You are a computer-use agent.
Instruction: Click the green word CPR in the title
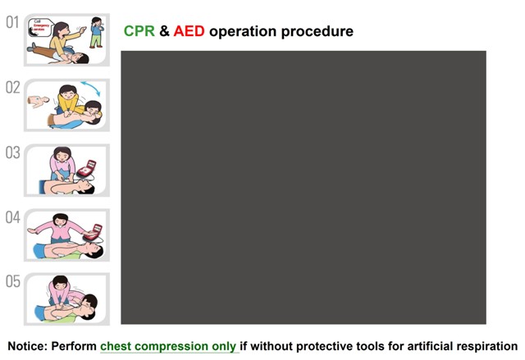[x=138, y=31]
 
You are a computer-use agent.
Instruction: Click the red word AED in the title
[x=190, y=31]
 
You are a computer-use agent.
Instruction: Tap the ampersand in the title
[x=164, y=31]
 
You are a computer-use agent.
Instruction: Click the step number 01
[x=12, y=22]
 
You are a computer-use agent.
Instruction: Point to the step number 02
[x=12, y=87]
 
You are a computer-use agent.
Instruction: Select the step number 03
[x=12, y=153]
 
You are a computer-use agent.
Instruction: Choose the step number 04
[x=12, y=217]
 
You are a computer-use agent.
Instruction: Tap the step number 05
[x=12, y=281]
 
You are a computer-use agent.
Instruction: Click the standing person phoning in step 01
[x=97, y=30]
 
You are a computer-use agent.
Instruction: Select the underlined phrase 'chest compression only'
[x=168, y=346]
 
